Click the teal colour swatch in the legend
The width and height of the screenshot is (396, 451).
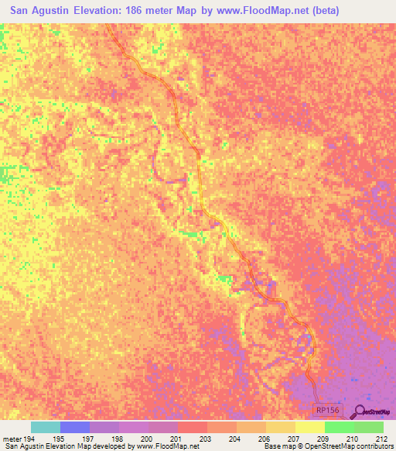46,427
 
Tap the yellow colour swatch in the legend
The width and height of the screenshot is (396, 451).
309,427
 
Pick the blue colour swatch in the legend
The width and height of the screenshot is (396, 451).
75,427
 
